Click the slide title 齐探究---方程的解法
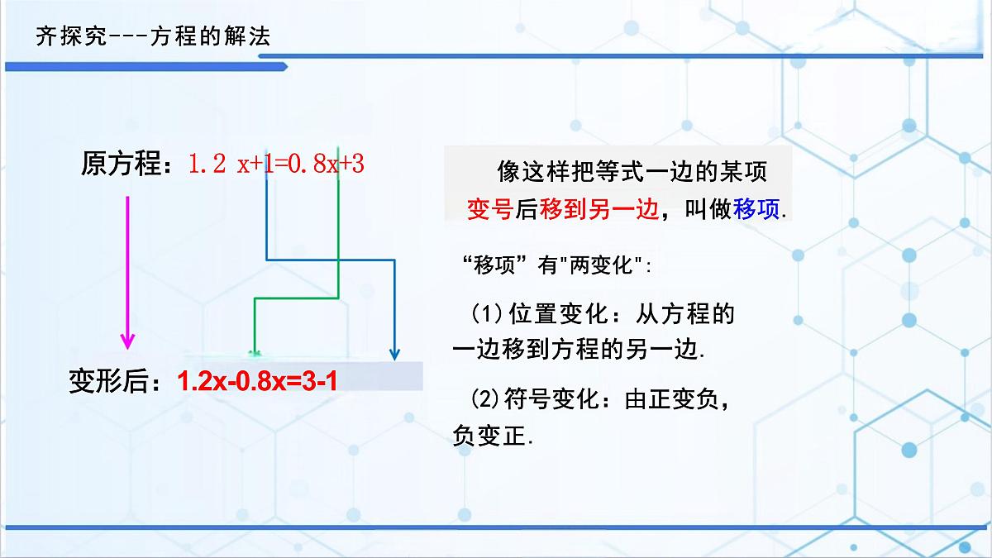click(154, 37)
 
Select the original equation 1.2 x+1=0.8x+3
click(277, 164)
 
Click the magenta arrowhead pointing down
click(126, 340)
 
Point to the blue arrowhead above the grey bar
click(395, 354)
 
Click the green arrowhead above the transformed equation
click(255, 351)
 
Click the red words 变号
click(490, 209)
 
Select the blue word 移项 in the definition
click(757, 209)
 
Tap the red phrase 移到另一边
click(600, 209)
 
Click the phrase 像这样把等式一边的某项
click(632, 171)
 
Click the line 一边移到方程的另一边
click(578, 349)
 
